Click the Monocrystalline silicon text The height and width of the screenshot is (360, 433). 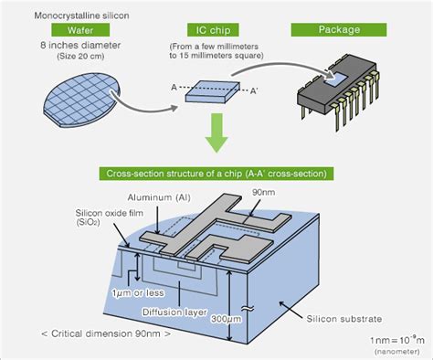(79, 14)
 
